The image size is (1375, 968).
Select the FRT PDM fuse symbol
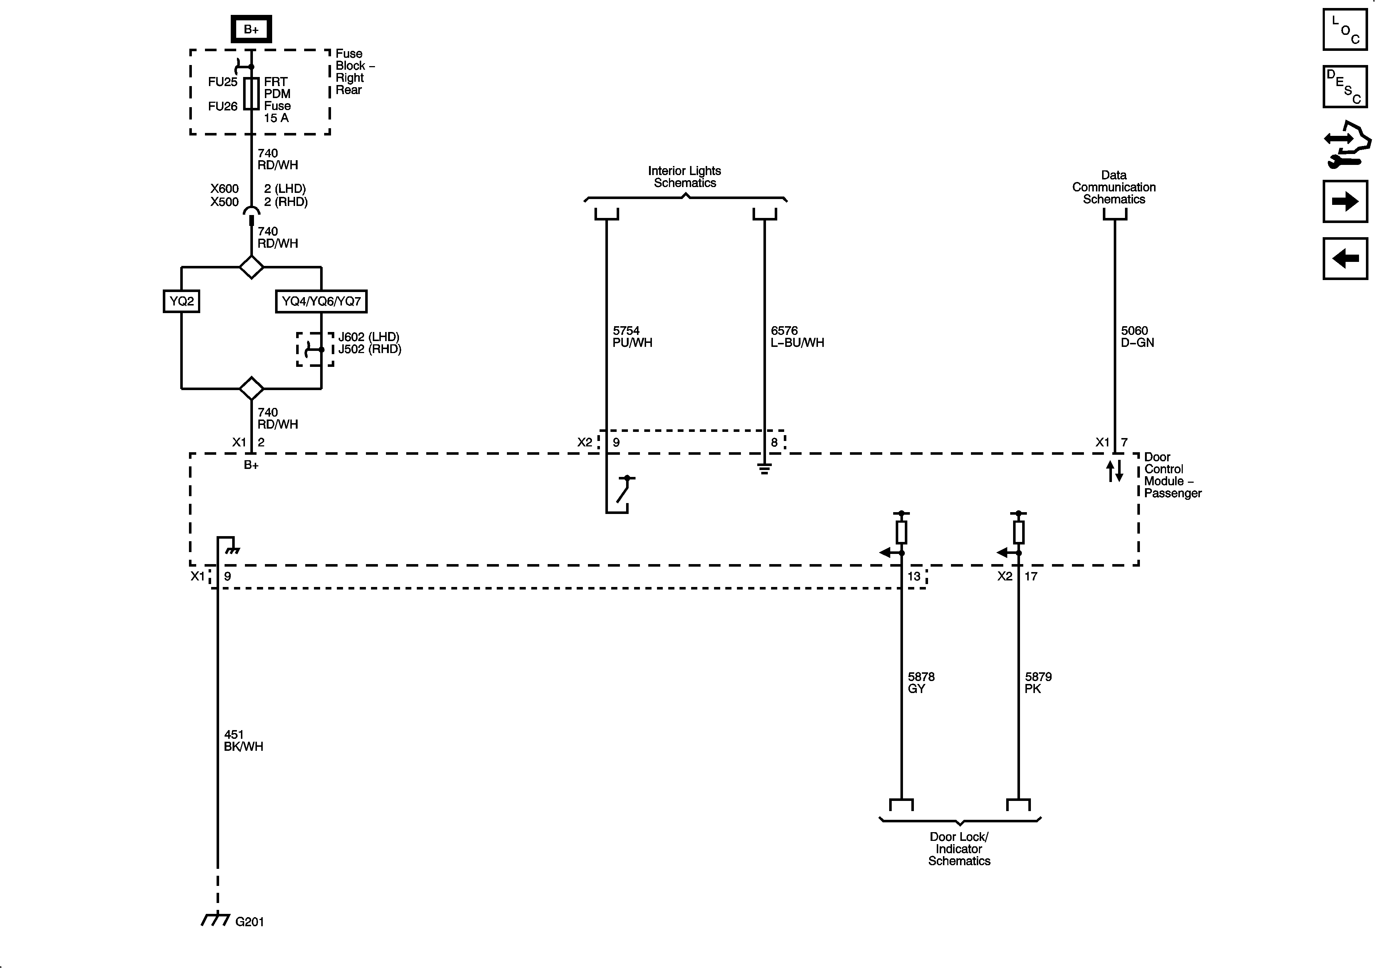(x=251, y=93)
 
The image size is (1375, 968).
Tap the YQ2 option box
(x=181, y=301)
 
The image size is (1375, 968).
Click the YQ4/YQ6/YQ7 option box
(x=321, y=301)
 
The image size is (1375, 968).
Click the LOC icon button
(x=1345, y=29)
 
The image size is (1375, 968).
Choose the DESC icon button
(x=1345, y=87)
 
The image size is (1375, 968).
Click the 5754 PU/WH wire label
(x=632, y=336)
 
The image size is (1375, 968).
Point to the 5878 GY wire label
(x=920, y=683)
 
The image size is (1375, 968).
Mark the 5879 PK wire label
(x=1038, y=683)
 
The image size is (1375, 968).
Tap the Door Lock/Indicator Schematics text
(x=959, y=849)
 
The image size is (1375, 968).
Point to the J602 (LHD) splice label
(x=368, y=337)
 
